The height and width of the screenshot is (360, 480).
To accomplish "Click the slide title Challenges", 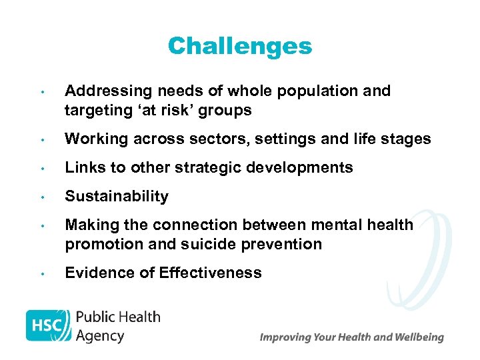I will pyautogui.click(x=239, y=46).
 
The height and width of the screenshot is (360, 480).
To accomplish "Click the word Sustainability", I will pyautogui.click(x=117, y=197).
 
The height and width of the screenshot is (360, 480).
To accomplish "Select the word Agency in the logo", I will pyautogui.click(x=100, y=335).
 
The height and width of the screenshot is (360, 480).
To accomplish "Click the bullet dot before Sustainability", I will pyautogui.click(x=41, y=197).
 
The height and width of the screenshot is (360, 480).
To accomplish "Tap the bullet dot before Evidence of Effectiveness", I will pyautogui.click(x=41, y=273).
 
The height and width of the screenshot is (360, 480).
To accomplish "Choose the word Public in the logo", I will pyautogui.click(x=96, y=317).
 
